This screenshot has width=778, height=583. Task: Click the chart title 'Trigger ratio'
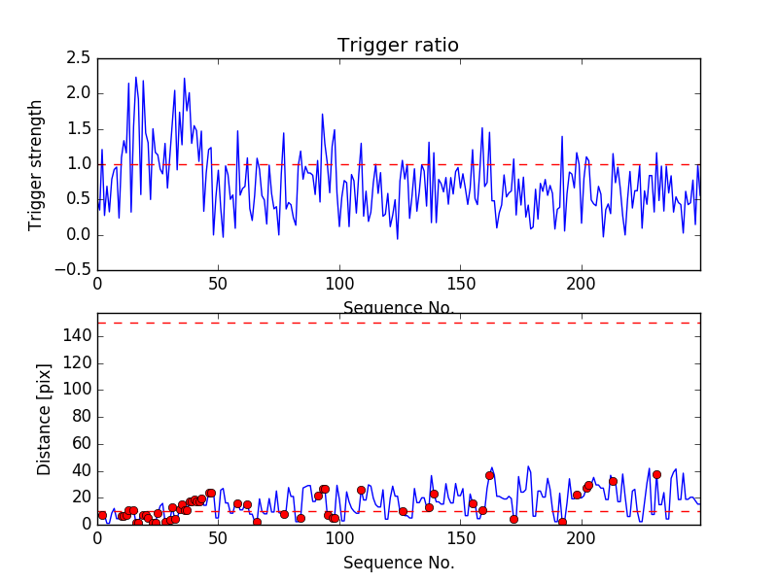[398, 46]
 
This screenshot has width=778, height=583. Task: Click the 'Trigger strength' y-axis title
[36, 164]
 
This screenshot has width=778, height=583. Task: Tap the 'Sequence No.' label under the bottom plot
[398, 563]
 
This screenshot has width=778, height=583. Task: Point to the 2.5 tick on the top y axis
[80, 58]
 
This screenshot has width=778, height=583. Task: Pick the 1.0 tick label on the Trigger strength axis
[80, 164]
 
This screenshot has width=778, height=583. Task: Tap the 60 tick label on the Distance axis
[80, 443]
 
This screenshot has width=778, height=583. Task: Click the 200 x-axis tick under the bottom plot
[581, 537]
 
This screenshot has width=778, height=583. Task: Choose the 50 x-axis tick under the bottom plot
[218, 537]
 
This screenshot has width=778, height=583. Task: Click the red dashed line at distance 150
[398, 323]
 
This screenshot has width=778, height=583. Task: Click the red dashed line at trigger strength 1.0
[398, 164]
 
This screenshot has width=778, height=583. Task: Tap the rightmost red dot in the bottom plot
[656, 475]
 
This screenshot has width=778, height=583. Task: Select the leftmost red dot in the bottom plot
[101, 515]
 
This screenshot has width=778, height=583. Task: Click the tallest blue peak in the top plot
[136, 78]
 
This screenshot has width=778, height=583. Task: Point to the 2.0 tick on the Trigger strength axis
[80, 93]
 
